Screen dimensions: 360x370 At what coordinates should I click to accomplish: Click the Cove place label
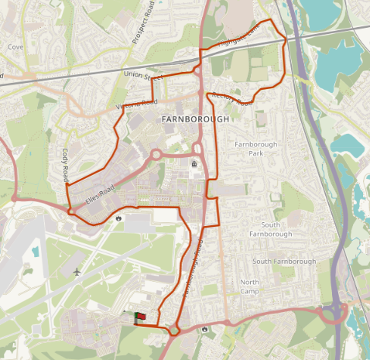point(15,46)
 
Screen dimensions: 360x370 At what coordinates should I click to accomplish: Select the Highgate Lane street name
point(238,34)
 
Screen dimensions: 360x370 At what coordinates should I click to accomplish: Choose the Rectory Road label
point(232,98)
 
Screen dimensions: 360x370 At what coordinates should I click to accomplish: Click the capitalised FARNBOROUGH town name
point(196,119)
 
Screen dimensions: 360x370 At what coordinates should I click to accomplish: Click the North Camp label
point(249,287)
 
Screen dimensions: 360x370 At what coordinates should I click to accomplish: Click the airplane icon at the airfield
point(77,272)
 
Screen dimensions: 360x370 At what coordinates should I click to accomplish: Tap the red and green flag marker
point(140,317)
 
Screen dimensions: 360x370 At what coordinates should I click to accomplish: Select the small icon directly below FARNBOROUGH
point(194,164)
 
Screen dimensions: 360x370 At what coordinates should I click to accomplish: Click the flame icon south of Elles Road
point(118,218)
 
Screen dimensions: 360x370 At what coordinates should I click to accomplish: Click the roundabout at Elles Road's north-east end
point(155,154)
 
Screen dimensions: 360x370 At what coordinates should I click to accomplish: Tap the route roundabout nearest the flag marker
point(173,331)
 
